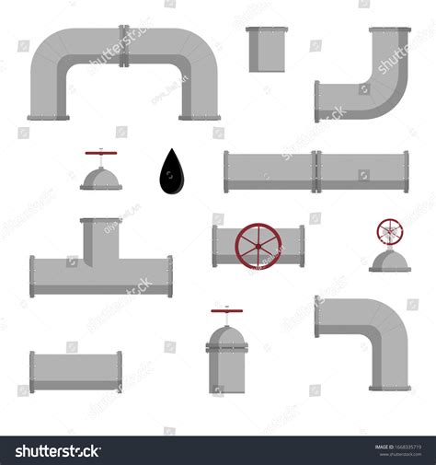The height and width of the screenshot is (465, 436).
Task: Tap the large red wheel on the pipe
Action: tap(258, 247)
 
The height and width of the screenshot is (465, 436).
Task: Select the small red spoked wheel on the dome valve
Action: tap(390, 232)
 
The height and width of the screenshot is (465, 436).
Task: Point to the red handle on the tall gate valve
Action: tap(226, 311)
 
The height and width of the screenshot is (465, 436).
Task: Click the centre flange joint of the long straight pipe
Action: tap(316, 171)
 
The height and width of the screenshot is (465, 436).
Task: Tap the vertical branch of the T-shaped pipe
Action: tap(100, 238)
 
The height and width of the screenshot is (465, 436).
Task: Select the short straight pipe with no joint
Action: tap(75, 371)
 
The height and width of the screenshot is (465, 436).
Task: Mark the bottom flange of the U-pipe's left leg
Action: tap(48, 117)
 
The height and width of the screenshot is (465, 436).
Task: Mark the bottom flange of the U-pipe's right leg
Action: tap(200, 117)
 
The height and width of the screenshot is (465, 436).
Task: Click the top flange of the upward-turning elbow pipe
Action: tap(390, 29)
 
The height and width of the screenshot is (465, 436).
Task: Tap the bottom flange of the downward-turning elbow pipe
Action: tap(390, 388)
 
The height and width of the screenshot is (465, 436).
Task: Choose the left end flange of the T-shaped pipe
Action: tap(32, 276)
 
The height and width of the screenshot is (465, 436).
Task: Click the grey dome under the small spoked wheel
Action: tap(390, 262)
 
